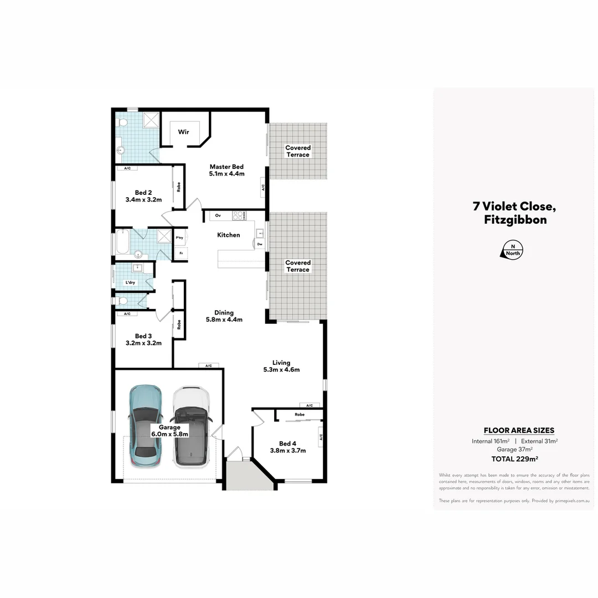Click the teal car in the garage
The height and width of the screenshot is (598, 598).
pos(145,425)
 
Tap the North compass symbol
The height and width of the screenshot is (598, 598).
pos(513,250)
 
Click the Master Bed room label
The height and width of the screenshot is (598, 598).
pos(226,167)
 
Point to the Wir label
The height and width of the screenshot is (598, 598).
pos(183,132)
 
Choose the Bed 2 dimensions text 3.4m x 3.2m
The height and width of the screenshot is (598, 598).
pos(143,199)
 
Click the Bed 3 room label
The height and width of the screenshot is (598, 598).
pos(143,336)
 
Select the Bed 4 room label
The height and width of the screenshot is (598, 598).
pos(287,443)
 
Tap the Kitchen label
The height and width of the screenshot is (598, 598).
pos(228,235)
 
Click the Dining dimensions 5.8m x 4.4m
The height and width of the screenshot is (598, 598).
pos(224,319)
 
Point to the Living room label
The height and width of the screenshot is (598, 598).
pos(281,363)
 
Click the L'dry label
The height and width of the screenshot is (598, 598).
pos(130,282)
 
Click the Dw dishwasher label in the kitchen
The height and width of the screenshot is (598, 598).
pos(260,244)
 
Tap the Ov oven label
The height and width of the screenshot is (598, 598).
pos(218,215)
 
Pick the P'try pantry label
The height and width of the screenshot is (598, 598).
pos(179,238)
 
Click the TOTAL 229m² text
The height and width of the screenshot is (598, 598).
pos(515,459)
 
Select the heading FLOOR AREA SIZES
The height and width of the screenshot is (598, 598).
pos(519,430)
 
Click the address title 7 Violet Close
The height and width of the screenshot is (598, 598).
pos(513,207)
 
